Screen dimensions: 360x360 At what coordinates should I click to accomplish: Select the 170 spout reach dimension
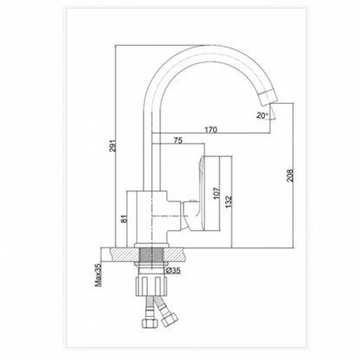click(209, 130)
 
